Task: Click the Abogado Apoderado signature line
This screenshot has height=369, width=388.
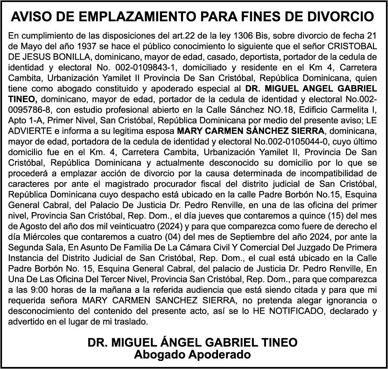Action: (192, 354)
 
